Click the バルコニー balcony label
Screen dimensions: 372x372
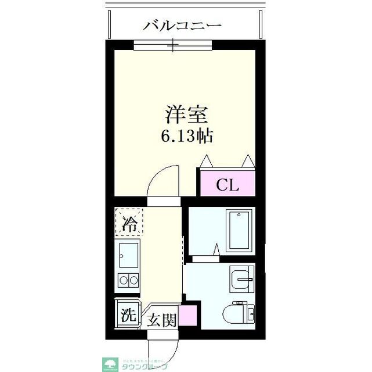(182, 26)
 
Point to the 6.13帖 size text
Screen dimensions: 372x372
(186, 137)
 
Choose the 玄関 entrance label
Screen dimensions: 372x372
(161, 320)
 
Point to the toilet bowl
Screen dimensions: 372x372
(232, 314)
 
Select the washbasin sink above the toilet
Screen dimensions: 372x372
(241, 280)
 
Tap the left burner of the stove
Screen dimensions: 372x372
(124, 281)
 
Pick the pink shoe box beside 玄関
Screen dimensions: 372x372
(187, 317)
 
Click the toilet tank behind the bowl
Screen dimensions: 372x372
(250, 314)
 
